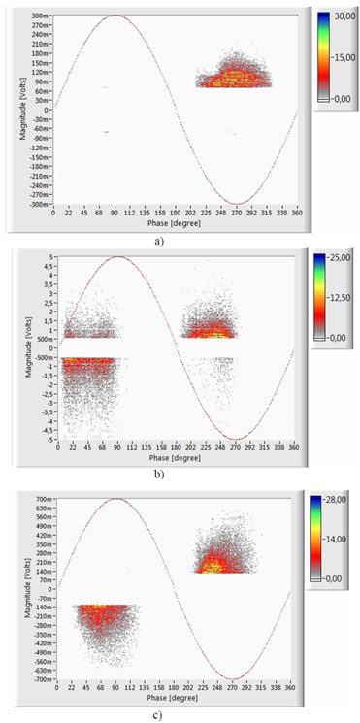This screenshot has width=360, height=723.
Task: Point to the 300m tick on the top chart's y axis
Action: [41, 16]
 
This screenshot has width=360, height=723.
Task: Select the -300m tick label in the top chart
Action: [39, 204]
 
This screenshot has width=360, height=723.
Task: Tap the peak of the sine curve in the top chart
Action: [116, 16]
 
